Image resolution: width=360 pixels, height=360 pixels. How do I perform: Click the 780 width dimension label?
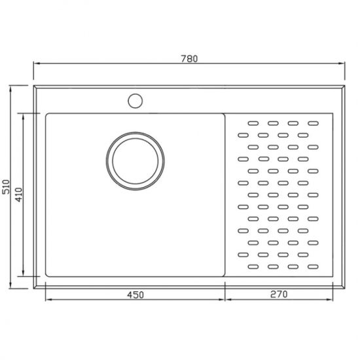coord(189,59)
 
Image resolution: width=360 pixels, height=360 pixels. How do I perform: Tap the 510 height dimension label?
coord(6,187)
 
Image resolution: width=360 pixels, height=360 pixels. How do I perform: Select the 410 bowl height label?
coord(19,195)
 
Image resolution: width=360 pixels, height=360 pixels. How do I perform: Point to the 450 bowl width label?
coord(135,295)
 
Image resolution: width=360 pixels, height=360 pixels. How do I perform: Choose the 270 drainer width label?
coord(279,294)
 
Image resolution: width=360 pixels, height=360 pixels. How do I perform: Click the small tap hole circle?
coord(135,101)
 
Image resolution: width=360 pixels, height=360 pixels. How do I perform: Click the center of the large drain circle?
coord(135,161)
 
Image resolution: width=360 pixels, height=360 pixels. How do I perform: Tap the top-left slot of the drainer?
coord(253,123)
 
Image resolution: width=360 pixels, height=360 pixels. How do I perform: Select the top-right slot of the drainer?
coord(313,123)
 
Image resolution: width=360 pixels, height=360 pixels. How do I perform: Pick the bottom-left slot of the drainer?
coord(253,266)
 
